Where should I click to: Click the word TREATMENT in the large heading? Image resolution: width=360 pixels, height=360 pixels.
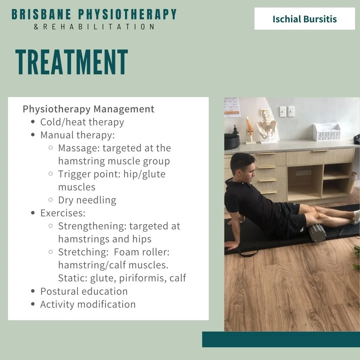click(72, 62)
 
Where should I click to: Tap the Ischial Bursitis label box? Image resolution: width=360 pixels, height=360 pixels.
click(304, 19)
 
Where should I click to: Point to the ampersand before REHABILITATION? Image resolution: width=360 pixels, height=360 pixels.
click(36, 27)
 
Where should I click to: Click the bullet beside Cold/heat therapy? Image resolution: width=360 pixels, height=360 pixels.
click(33, 122)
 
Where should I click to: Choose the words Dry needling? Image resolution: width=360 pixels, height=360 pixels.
click(87, 200)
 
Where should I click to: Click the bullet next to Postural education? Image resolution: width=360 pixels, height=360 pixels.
click(33, 291)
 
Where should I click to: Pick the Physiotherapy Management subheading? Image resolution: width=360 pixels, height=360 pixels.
click(88, 109)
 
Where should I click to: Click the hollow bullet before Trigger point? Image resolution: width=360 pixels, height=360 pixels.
click(51, 174)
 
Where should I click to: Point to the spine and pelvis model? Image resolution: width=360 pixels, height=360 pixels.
click(267, 126)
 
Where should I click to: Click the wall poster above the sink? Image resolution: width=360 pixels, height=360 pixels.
click(232, 107)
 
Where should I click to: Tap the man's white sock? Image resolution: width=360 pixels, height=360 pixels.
click(356, 217)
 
